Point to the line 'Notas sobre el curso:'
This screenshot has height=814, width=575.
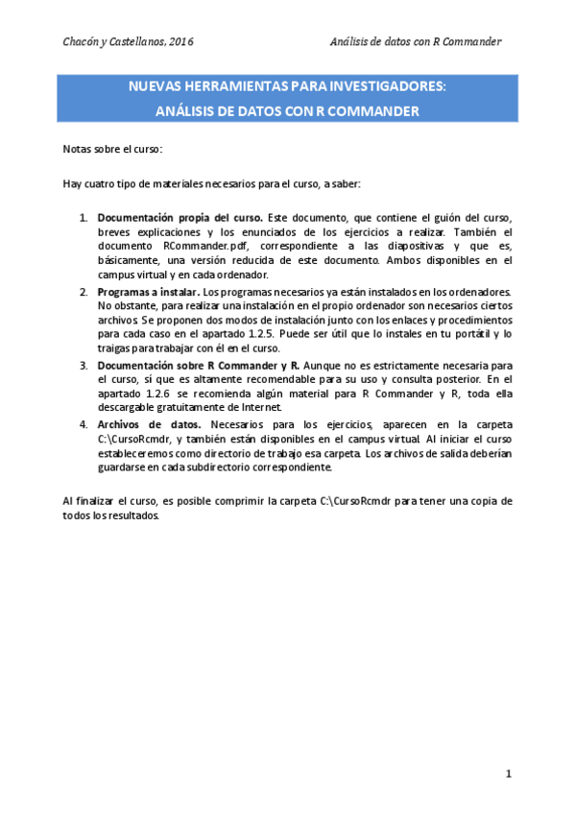point(112,150)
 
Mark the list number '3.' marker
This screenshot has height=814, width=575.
point(84,366)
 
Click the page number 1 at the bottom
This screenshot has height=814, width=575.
point(510,773)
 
